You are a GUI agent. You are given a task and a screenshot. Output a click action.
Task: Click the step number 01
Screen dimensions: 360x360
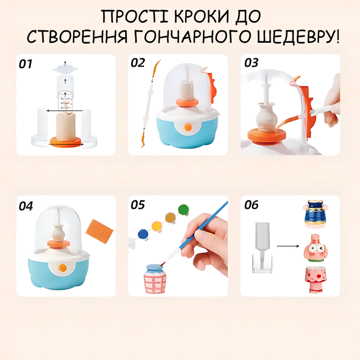click(25, 64)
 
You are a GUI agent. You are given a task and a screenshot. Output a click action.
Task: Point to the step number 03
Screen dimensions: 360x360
click(251, 62)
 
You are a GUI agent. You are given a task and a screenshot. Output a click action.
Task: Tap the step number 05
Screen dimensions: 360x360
click(138, 205)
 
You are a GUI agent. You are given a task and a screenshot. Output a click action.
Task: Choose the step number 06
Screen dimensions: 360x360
click(251, 205)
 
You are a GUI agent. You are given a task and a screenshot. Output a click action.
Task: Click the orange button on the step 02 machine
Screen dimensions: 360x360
click(188, 127)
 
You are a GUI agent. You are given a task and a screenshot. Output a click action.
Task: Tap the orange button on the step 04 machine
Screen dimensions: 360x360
click(62, 268)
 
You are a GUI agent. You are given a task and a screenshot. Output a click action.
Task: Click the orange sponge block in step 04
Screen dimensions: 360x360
click(100, 231)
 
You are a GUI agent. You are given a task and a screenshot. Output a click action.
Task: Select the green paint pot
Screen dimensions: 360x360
click(184, 210)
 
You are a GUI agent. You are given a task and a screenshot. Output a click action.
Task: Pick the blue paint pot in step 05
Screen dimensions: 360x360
click(143, 235)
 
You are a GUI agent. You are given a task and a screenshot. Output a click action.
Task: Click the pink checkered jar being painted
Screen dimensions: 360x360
click(155, 279)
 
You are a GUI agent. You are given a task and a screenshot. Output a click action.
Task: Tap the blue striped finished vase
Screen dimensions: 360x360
click(314, 213)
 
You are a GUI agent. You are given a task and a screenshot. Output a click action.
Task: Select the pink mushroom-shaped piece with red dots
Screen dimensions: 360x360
click(316, 280)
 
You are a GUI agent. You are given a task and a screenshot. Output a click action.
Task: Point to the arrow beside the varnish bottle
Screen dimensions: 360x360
click(288, 246)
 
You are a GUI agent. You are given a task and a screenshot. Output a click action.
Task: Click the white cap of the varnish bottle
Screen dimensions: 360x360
click(263, 236)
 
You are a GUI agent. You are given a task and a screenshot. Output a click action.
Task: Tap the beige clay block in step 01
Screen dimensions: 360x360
click(66, 126)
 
